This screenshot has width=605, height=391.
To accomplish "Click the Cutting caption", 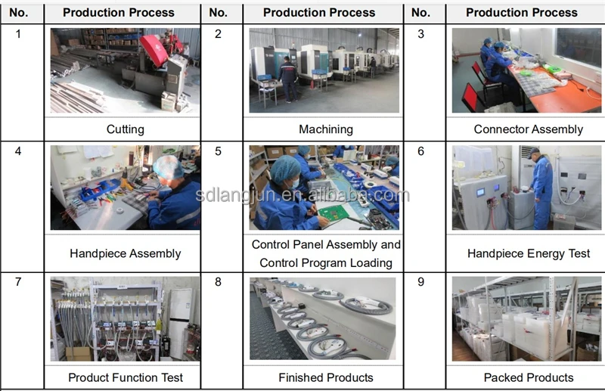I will (x=125, y=129).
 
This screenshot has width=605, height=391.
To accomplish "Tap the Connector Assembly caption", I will (x=528, y=129).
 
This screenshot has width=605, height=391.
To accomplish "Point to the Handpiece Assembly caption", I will (x=125, y=253).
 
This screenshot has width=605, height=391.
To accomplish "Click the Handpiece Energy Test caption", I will (x=528, y=253).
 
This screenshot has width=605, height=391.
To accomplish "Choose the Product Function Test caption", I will (x=125, y=377).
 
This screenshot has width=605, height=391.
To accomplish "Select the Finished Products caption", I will (x=325, y=377).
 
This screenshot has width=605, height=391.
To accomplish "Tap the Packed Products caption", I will (x=528, y=377).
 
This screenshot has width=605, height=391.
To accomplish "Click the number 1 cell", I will (x=19, y=34).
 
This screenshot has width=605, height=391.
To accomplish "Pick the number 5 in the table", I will (x=219, y=151).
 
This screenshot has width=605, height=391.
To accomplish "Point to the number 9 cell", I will (x=420, y=282).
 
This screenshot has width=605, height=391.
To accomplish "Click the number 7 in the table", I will (x=19, y=282).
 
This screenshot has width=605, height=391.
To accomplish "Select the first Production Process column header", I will (x=119, y=13).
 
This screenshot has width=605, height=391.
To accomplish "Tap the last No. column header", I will (x=420, y=13).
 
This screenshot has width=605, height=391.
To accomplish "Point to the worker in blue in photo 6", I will (x=541, y=189).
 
